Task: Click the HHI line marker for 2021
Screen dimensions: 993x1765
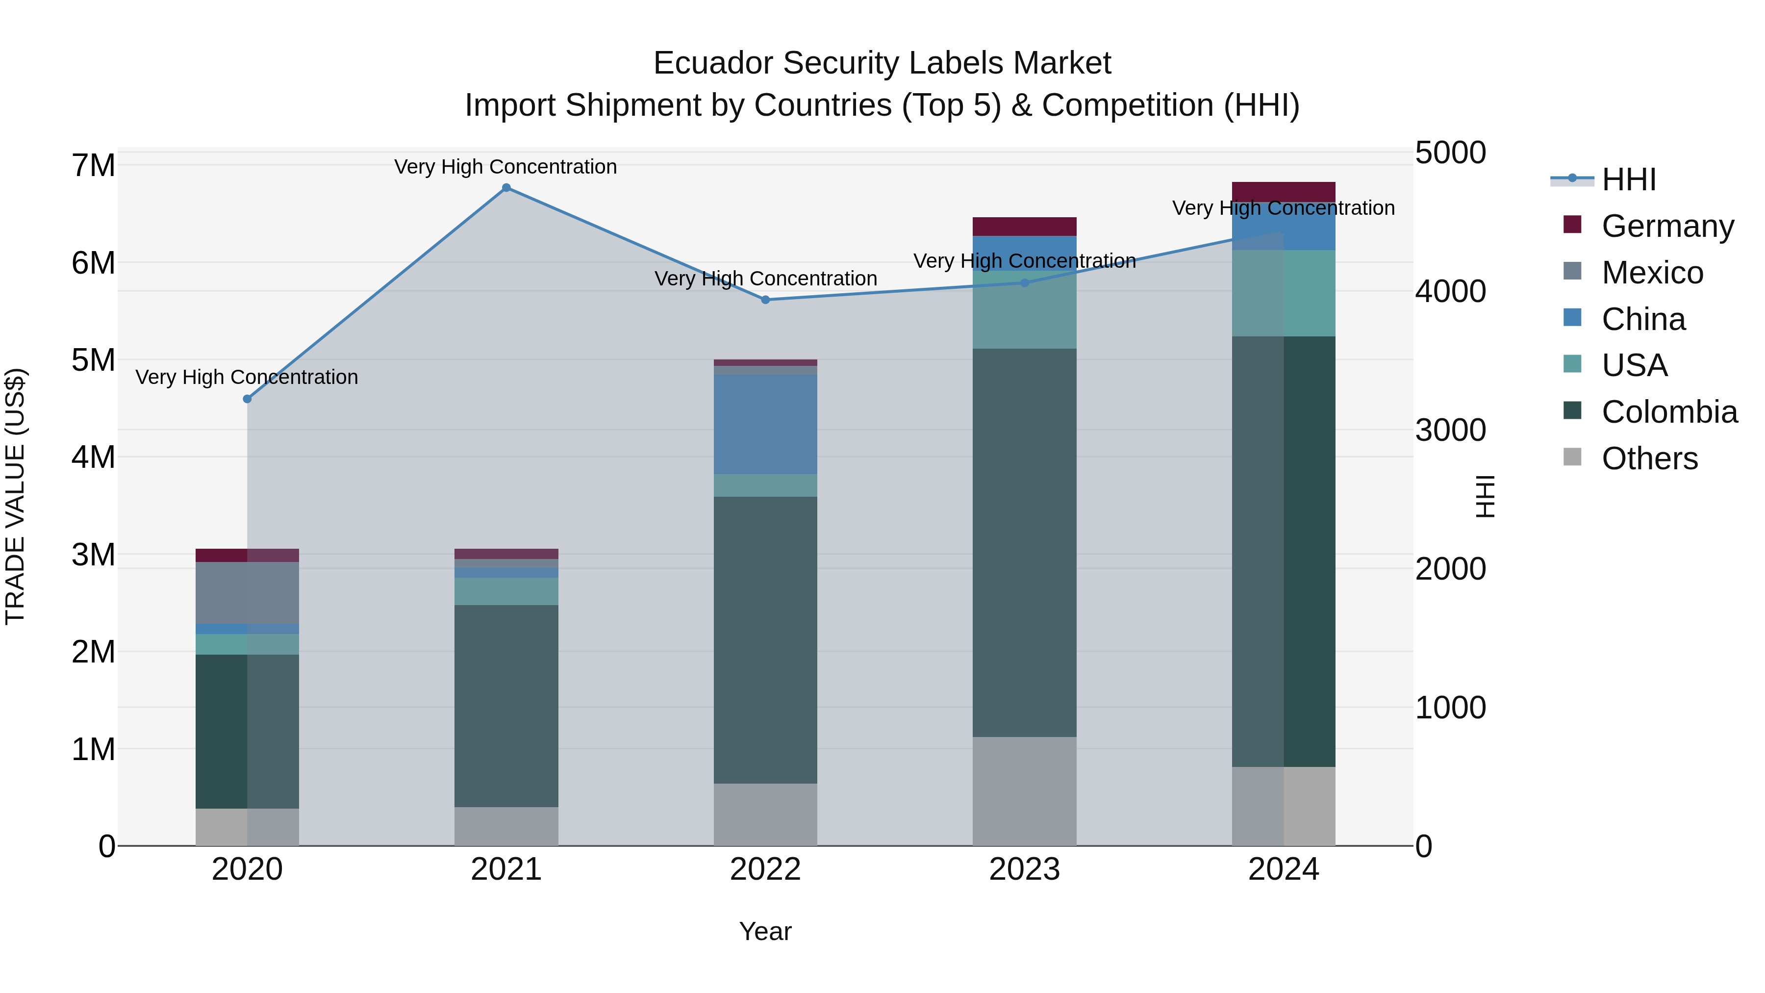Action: [x=506, y=188]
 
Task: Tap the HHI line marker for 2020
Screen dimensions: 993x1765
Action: [x=248, y=399]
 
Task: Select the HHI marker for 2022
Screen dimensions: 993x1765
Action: [x=765, y=300]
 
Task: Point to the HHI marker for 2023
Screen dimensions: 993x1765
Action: [x=1025, y=282]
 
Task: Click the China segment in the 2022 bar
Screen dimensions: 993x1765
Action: [x=765, y=424]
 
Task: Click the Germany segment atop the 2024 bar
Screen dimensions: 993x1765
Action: [x=1284, y=192]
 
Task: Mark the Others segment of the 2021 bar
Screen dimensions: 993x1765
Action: [x=506, y=826]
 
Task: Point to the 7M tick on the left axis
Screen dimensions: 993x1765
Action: [x=94, y=166]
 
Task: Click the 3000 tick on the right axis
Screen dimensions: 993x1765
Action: [x=1451, y=431]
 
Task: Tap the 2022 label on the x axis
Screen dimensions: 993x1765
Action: [x=765, y=869]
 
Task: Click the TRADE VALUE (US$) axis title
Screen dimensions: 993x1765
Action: [x=16, y=496]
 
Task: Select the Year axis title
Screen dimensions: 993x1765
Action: [x=765, y=931]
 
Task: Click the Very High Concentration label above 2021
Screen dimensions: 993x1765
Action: [x=505, y=167]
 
